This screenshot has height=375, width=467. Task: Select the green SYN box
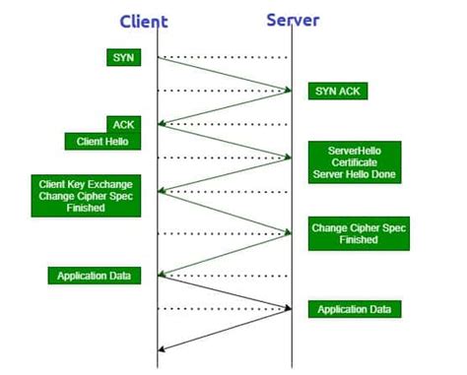tap(123, 58)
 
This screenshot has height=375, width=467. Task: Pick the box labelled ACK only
tap(123, 124)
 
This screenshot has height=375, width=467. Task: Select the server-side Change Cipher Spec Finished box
tap(358, 232)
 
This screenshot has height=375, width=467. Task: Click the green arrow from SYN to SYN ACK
tap(225, 74)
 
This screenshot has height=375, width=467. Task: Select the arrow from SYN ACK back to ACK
tap(225, 107)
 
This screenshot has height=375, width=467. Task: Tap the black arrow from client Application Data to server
tap(225, 292)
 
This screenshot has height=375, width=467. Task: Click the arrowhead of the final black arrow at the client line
tap(162, 345)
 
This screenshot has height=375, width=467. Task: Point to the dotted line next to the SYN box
tap(225, 57)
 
